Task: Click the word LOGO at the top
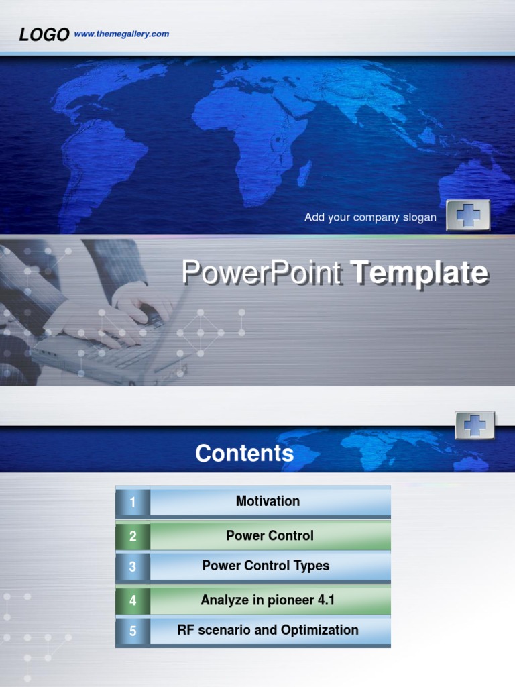44,35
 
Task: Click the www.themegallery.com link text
121,34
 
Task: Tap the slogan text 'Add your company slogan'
370,217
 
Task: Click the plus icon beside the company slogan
468,215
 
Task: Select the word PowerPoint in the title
262,273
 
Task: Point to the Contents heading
244,454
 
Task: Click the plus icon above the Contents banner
475,425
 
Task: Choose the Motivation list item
268,501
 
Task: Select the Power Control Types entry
266,566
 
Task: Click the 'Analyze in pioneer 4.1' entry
267,600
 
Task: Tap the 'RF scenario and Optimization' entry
268,630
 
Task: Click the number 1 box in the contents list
133,503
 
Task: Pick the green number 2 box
133,536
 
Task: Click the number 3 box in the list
133,567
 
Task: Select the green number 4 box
133,601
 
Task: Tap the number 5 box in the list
133,631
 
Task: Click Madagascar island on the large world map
304,172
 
